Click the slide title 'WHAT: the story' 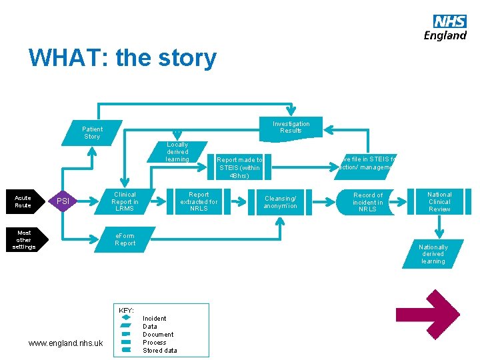click(x=122, y=58)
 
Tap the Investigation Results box click(x=291, y=127)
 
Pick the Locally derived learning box click(x=177, y=152)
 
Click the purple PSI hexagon click(x=63, y=201)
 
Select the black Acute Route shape click(x=24, y=201)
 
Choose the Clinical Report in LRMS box click(x=125, y=202)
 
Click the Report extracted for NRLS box click(x=199, y=202)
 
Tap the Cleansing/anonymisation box click(x=281, y=202)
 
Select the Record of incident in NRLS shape click(x=367, y=202)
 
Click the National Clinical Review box click(x=439, y=201)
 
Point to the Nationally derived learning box click(x=433, y=254)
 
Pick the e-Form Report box click(x=125, y=239)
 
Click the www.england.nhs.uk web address click(x=65, y=343)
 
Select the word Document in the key click(x=158, y=335)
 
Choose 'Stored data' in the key click(x=160, y=351)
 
